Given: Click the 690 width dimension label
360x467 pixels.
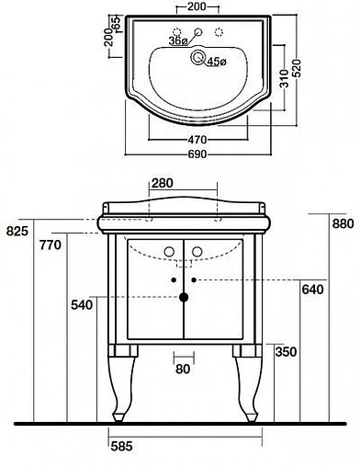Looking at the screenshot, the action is click(197, 154).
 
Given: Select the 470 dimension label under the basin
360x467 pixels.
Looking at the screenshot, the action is click(197, 140).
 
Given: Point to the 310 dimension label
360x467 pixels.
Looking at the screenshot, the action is click(284, 78).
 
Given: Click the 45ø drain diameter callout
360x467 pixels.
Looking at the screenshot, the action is click(217, 62).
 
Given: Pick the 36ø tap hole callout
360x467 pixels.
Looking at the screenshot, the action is click(178, 41).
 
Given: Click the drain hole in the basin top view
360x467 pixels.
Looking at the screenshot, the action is click(197, 57).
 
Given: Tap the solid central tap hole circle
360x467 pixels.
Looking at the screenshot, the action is click(198, 31).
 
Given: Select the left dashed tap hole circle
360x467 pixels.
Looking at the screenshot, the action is click(177, 32).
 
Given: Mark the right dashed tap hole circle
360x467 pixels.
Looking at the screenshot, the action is click(219, 32).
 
